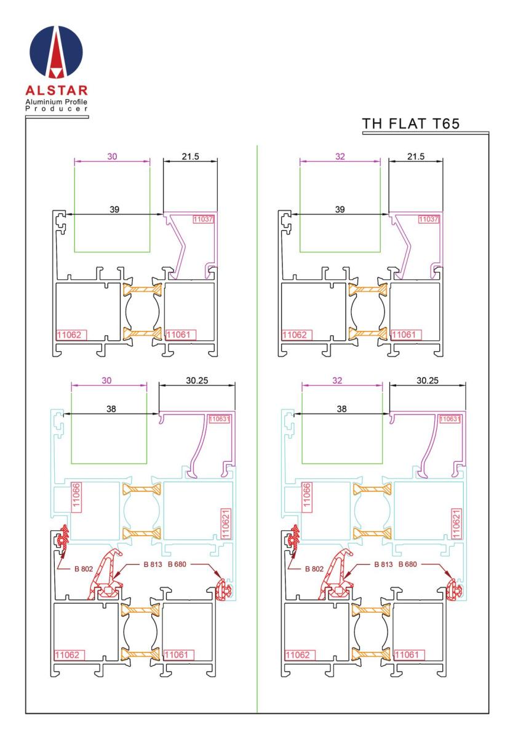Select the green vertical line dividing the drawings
[257, 430]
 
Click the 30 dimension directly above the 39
[111, 157]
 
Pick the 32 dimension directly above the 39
[340, 157]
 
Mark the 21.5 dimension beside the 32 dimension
[416, 157]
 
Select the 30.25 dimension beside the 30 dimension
[197, 381]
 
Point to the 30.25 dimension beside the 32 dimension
[427, 381]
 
